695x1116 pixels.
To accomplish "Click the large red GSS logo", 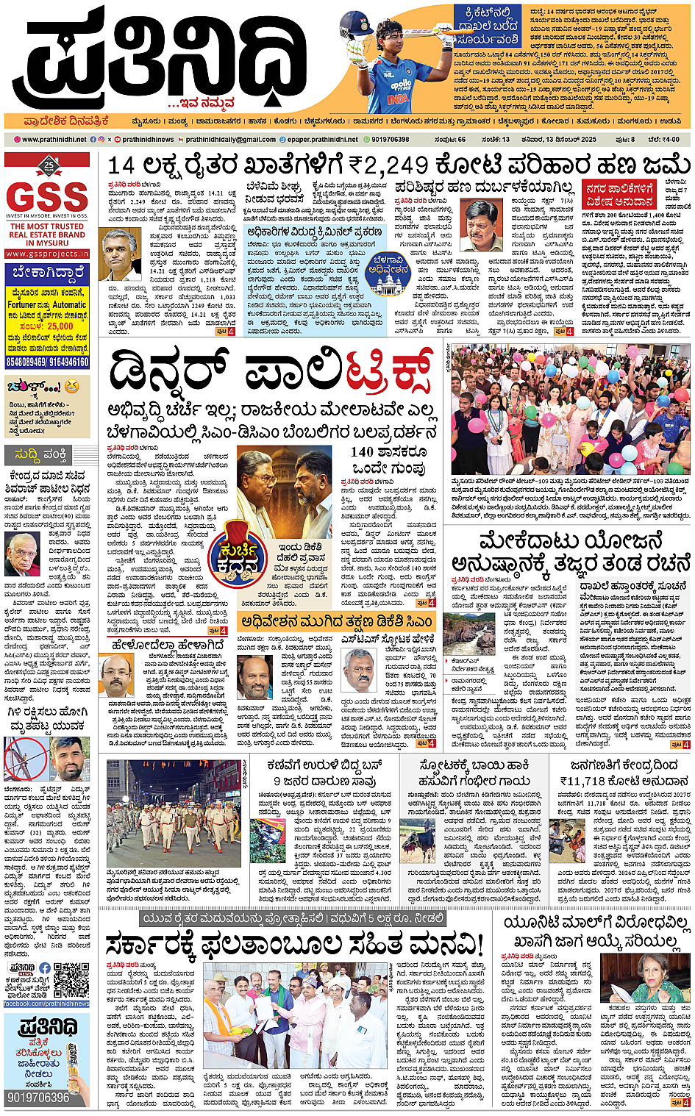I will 47,196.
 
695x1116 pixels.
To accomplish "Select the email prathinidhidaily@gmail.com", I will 230,139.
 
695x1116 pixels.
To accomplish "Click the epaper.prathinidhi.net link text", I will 322,139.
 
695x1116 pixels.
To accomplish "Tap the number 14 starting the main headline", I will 121,166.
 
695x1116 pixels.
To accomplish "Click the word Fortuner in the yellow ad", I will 22,304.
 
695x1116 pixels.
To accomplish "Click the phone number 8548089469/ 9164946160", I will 47,362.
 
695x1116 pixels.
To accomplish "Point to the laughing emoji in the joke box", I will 71,386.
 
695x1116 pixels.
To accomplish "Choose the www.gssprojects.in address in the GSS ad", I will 47,254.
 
